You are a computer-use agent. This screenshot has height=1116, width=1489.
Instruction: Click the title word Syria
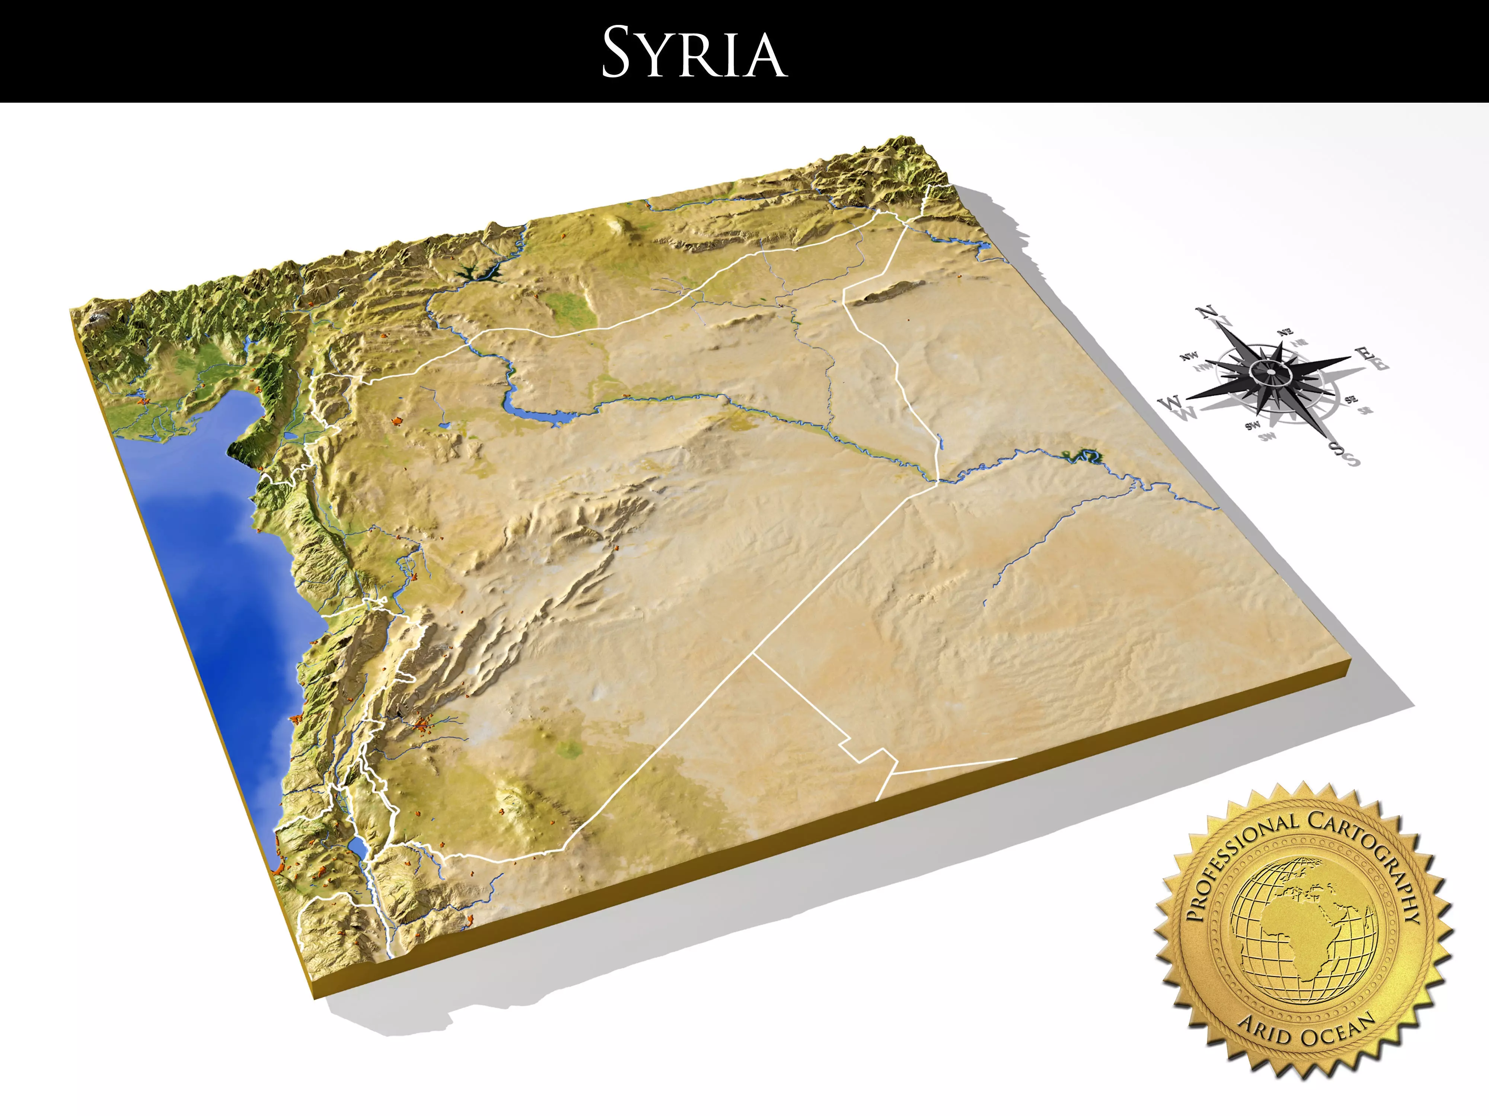694,52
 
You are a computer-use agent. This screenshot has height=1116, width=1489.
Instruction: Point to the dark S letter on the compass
1336,449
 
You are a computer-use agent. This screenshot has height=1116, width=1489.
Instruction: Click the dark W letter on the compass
1170,403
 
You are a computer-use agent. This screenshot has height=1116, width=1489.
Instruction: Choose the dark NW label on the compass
1189,356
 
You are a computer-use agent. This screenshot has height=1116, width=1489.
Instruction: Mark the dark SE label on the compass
1350,400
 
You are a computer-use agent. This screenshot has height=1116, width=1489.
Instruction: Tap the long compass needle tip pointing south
1329,440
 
